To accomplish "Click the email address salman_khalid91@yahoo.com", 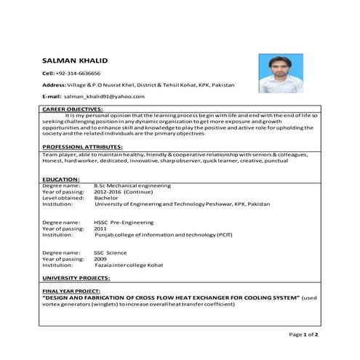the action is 104,96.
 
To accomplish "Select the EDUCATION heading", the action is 60,179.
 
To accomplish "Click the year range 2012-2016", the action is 108,192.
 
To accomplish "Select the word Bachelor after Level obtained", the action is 106,198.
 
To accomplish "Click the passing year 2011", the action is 100,228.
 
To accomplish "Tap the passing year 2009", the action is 100,259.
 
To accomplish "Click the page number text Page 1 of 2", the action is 304,334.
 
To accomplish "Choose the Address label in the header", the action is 55,85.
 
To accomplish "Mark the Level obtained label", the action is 61,198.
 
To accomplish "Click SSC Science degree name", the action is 111,252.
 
